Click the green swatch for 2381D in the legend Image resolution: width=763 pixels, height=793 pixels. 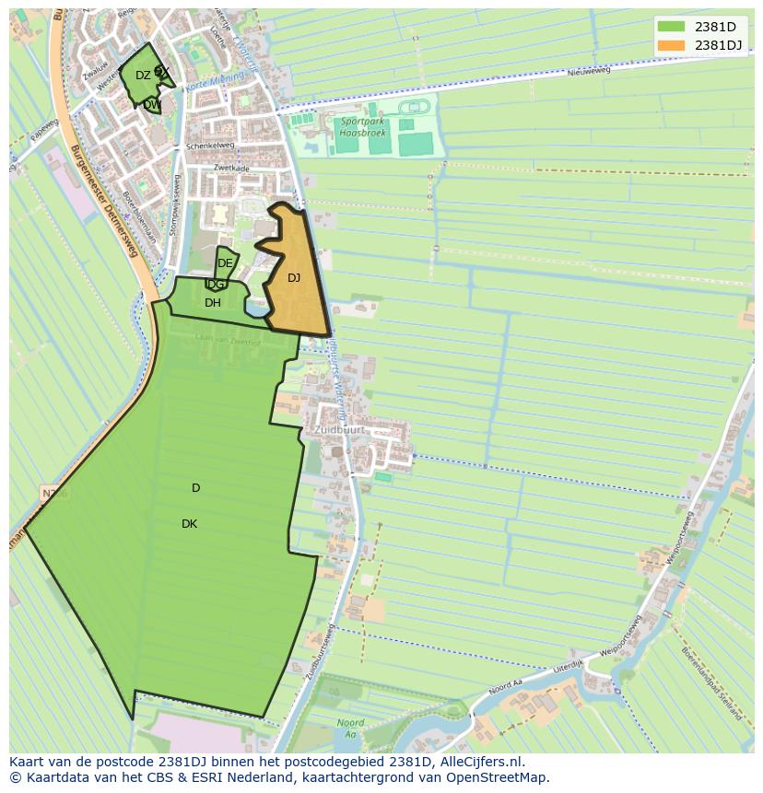coord(670,26)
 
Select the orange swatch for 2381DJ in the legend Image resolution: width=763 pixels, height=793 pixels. coord(670,45)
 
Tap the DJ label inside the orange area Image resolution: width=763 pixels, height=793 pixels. coord(294,278)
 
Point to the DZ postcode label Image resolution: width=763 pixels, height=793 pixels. coord(143,76)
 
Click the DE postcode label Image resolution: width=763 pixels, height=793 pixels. coord(225,263)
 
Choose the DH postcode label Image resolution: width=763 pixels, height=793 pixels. coord(213,303)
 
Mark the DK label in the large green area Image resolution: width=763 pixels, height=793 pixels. coord(189,524)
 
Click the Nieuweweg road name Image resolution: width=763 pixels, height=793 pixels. coord(589,72)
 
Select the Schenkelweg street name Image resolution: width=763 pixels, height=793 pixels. coord(210,146)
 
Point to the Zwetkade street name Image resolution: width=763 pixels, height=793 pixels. coord(231,168)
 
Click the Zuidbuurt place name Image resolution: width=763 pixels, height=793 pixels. coord(339,430)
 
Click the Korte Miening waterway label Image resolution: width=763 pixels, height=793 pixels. coord(209,85)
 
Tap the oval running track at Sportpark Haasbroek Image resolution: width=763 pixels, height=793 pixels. coord(414,107)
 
